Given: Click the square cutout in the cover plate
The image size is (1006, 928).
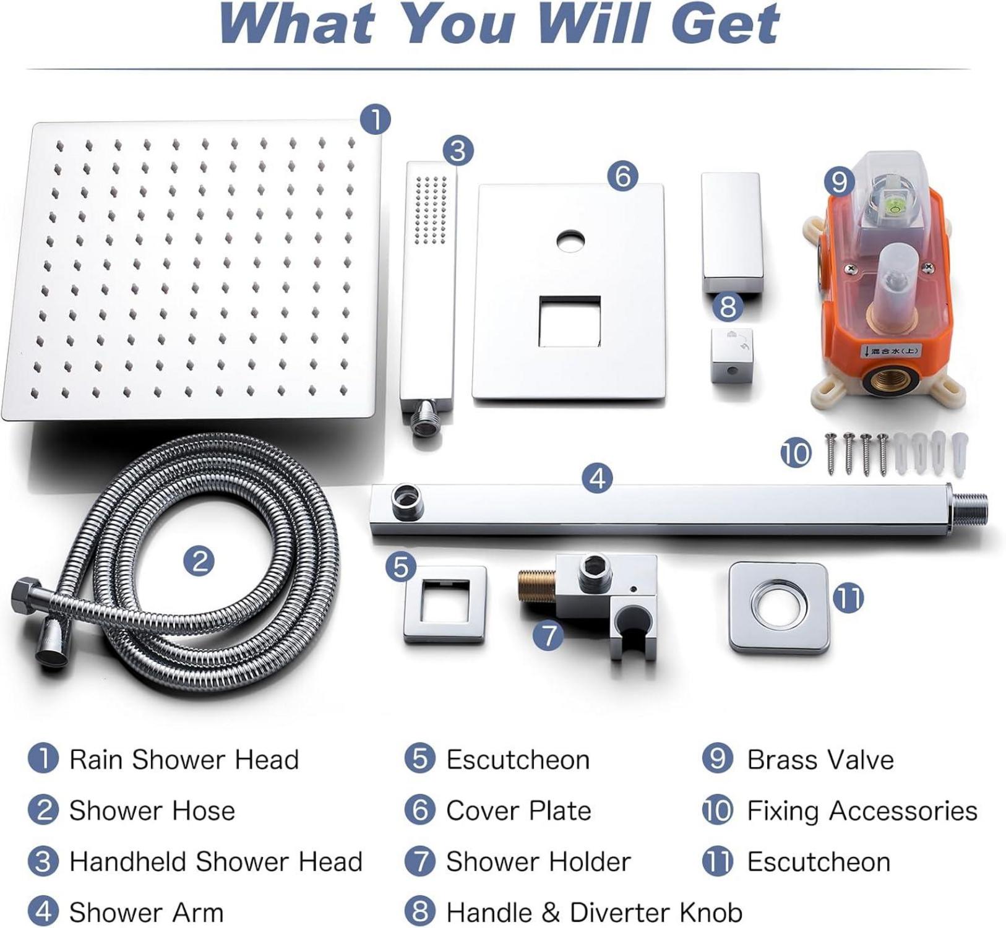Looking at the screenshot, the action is [x=569, y=321].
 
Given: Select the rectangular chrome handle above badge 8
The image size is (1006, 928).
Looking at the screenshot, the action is [x=730, y=232].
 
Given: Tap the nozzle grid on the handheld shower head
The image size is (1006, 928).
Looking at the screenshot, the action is [x=431, y=209].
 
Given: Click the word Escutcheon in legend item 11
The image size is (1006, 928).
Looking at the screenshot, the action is [x=819, y=862].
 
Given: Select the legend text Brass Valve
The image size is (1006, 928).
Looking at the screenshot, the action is [x=820, y=760].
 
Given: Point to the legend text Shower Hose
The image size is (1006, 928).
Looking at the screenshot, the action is [x=152, y=810].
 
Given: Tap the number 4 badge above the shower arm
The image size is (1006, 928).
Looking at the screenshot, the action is [x=597, y=478].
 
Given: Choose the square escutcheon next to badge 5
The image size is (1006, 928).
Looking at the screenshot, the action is [x=445, y=604].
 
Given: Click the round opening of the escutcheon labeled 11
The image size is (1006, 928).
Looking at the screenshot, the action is [x=778, y=607].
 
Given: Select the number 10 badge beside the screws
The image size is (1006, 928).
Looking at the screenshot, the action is [x=796, y=453].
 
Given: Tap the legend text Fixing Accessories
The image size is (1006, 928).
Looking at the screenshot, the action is [x=862, y=810].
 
